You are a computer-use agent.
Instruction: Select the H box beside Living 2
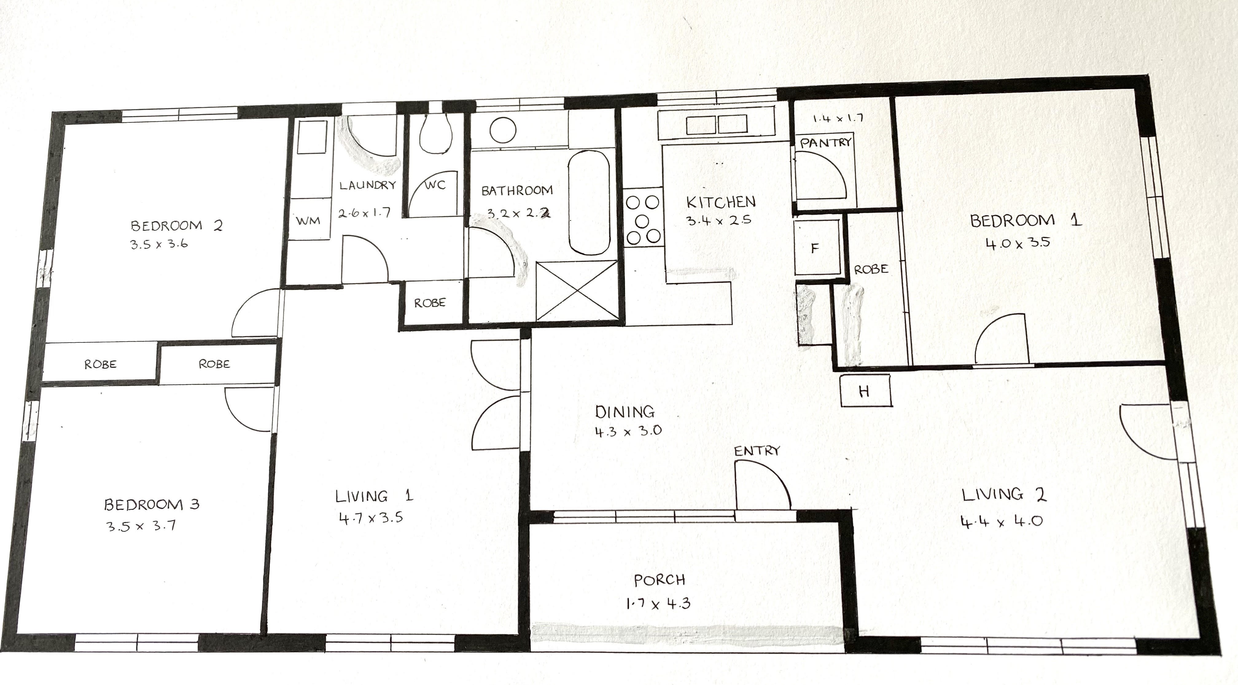(x=865, y=391)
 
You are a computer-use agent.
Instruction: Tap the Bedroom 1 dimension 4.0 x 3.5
(x=1018, y=243)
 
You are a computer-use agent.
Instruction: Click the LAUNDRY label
(x=368, y=185)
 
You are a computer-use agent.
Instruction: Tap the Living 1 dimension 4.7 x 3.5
(x=371, y=518)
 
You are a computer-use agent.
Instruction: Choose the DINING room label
(x=625, y=412)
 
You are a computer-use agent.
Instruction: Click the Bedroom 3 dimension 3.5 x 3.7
(x=140, y=525)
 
